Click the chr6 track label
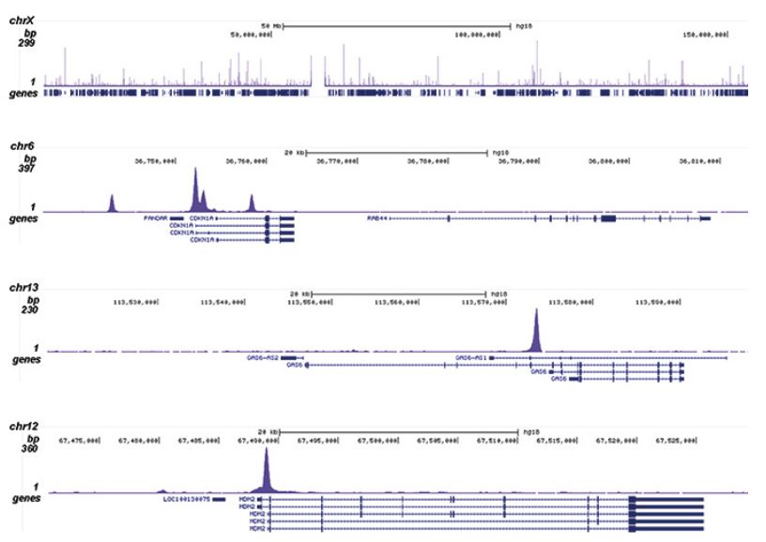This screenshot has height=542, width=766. (23, 146)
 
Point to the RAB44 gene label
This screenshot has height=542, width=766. (376, 218)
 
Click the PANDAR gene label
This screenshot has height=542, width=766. (155, 218)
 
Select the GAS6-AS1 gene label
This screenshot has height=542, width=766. (470, 357)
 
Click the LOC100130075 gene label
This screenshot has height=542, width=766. (186, 500)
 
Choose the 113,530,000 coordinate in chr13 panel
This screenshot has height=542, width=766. (132, 301)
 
